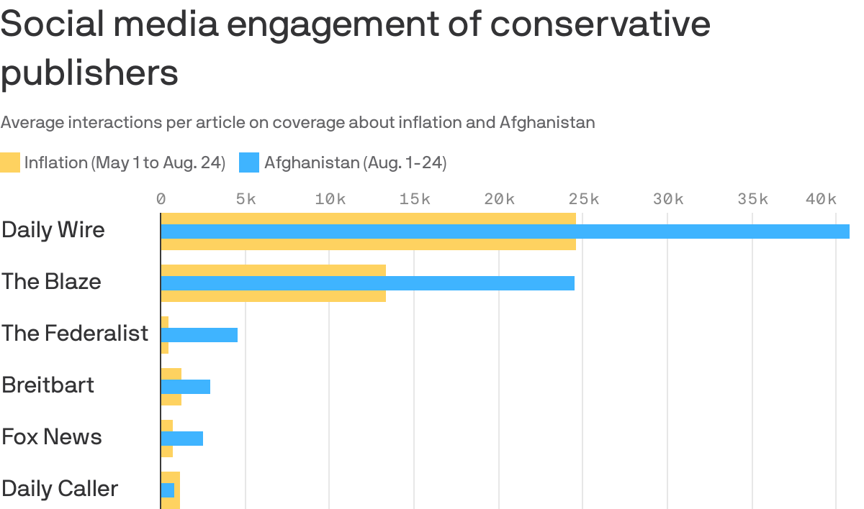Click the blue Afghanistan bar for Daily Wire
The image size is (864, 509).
tap(504, 231)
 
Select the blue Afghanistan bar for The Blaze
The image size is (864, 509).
tap(367, 283)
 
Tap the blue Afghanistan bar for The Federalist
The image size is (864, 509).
tap(199, 335)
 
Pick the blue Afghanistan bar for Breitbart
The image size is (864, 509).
tap(186, 387)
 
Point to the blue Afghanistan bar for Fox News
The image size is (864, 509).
tap(182, 439)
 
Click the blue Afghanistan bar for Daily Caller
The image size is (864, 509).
tap(168, 490)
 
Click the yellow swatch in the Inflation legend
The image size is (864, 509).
tap(10, 162)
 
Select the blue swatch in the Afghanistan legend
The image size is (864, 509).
tap(249, 162)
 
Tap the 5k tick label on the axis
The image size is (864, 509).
tap(246, 199)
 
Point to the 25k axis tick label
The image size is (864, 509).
tap(583, 199)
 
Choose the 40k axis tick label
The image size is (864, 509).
tap(821, 199)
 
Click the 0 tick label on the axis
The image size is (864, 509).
tap(161, 199)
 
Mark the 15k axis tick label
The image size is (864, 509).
tap(415, 199)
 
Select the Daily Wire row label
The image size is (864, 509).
tap(53, 230)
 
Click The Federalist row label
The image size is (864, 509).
tap(75, 334)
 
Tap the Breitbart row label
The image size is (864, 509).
tap(48, 385)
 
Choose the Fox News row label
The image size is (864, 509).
tap(52, 437)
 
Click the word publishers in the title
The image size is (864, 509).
tap(89, 73)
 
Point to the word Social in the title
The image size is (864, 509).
tap(54, 24)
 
